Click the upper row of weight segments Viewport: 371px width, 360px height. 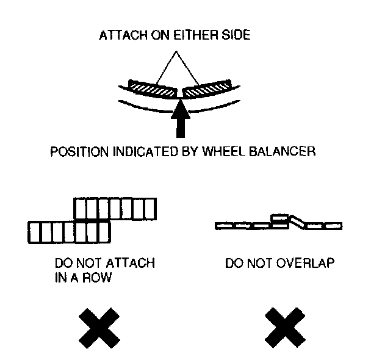(115, 209)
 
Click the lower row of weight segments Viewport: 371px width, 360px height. (69, 232)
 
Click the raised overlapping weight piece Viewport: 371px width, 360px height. (279, 218)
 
